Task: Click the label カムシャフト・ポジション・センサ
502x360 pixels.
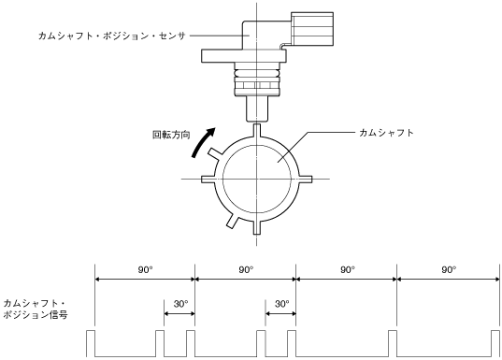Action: pos(112,36)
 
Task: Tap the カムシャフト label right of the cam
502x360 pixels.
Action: pos(386,133)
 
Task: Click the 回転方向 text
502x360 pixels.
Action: pos(171,135)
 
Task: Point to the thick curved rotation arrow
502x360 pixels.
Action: pos(202,141)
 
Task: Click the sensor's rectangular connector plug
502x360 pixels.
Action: pos(312,29)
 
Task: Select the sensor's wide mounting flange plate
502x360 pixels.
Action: pos(244,56)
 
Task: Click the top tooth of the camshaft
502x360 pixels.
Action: pos(257,131)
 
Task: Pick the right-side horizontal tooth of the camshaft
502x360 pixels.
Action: pos(305,179)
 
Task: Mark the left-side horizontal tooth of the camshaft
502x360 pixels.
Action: pos(208,179)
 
